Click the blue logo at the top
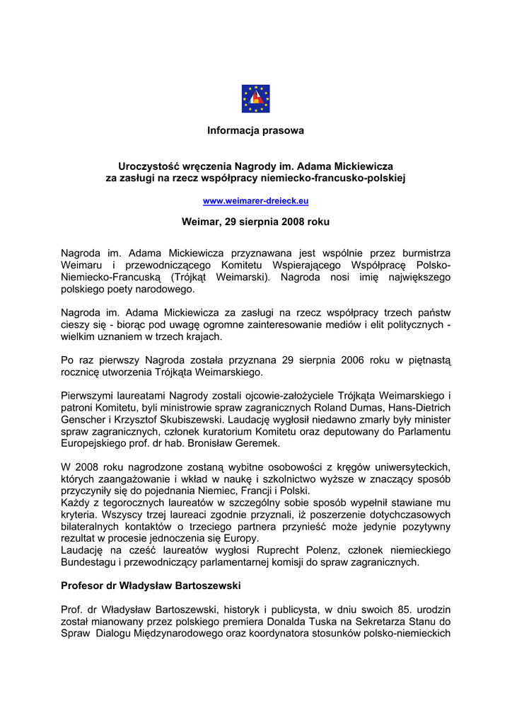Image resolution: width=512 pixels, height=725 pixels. (255, 98)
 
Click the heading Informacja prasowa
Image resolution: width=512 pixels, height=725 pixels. (255, 131)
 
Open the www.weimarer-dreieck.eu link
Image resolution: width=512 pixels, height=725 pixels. (255, 201)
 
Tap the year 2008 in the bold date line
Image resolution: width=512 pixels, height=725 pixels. (294, 222)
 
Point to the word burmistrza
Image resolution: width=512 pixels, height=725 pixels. (425, 253)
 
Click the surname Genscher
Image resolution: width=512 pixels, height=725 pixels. (83, 419)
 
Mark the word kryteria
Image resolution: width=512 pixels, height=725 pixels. (80, 515)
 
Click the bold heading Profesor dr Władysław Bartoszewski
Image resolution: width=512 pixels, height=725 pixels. (151, 586)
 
